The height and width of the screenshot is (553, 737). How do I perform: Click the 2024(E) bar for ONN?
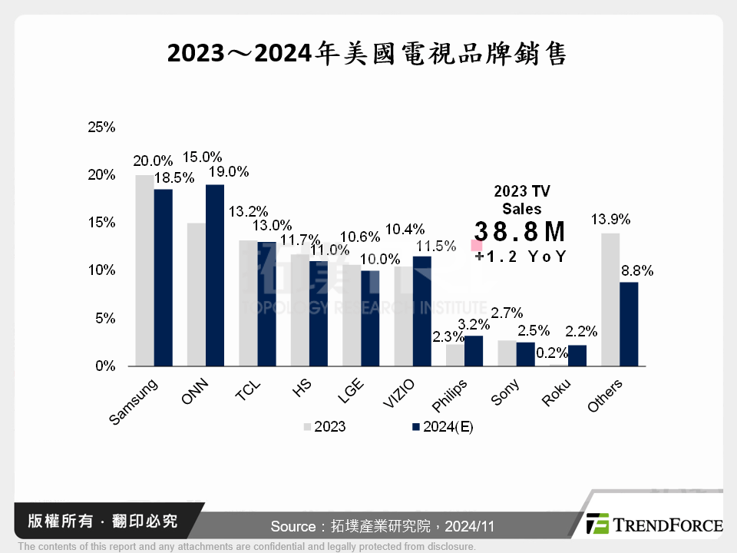[x=214, y=276]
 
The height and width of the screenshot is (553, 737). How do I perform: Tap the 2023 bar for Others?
[x=610, y=300]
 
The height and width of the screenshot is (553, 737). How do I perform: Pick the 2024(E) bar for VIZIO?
[x=421, y=311]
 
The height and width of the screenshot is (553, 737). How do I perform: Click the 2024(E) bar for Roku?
[x=577, y=356]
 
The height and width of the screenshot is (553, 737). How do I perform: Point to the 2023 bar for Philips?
[x=455, y=355]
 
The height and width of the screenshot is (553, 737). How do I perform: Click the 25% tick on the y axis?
[x=101, y=127]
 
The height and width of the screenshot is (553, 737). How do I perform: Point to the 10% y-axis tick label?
[x=101, y=270]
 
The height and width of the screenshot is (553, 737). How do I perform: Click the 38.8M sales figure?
[x=520, y=231]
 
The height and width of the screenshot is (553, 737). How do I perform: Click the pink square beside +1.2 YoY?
[x=477, y=246]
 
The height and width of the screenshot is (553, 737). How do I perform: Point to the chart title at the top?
[x=368, y=53]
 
